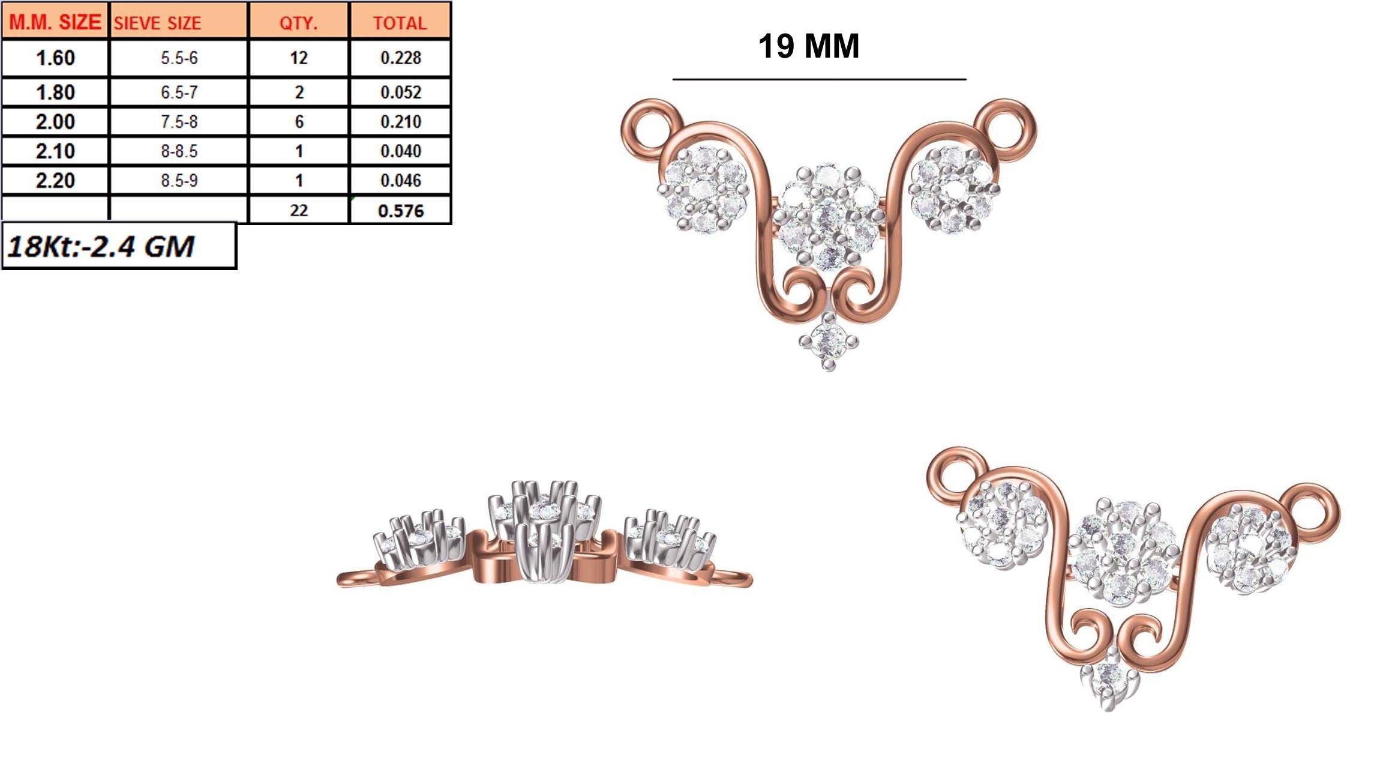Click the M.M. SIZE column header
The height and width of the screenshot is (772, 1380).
(x=55, y=22)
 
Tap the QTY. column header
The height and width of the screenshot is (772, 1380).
(x=298, y=23)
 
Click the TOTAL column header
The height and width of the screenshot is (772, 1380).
(x=400, y=23)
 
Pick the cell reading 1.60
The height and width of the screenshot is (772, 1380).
(x=55, y=58)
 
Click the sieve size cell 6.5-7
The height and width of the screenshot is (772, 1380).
(x=179, y=92)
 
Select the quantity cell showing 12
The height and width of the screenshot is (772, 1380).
(x=298, y=58)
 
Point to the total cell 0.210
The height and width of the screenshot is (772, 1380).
(x=400, y=122)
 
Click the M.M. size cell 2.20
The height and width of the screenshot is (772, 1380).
(x=55, y=181)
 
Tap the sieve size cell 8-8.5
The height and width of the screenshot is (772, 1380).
(x=179, y=151)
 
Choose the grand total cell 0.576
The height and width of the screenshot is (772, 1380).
(x=400, y=211)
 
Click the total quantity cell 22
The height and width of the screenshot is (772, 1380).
(x=298, y=211)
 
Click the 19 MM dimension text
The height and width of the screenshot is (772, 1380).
(x=808, y=46)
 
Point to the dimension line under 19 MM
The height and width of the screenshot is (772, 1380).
(x=819, y=79)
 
